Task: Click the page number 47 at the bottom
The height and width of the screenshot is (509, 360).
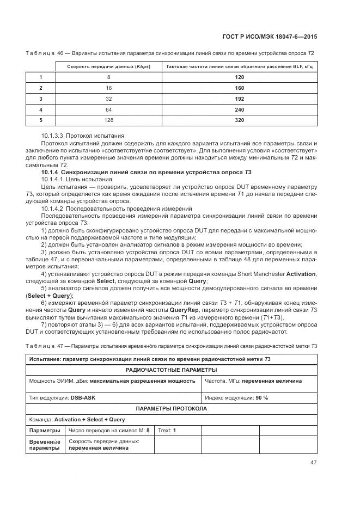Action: click(313, 463)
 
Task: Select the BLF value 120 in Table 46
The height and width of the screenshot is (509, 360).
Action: click(239, 77)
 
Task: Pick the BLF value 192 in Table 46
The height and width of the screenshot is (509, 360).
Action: click(239, 99)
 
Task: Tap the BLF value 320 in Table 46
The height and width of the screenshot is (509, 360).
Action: click(239, 120)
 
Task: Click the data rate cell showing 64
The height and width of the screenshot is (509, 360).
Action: click(108, 109)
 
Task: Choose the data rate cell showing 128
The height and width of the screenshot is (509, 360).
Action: click(108, 120)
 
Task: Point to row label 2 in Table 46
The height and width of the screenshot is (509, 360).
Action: click(41, 88)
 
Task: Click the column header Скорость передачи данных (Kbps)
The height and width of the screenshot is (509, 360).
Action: click(108, 66)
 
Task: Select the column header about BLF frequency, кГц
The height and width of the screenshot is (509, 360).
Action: click(239, 66)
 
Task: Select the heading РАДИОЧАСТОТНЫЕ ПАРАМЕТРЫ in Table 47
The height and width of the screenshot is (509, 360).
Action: click(171, 370)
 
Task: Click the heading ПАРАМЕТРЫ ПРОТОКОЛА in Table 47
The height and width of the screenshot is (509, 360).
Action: click(171, 408)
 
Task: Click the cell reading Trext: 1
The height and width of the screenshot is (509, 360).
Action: click(167, 431)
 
